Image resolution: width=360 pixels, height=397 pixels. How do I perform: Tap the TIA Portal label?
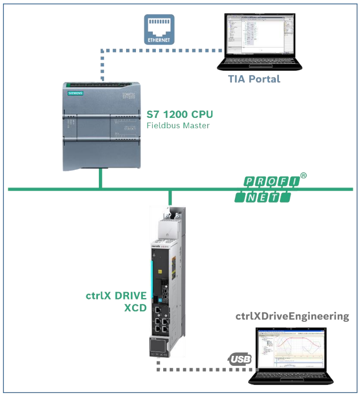pyautogui.click(x=254, y=79)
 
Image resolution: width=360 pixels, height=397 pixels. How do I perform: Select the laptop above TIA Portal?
pyautogui.click(x=260, y=42)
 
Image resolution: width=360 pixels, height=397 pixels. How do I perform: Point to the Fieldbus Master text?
pyautogui.click(x=178, y=126)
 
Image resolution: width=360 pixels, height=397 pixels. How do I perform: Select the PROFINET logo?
pyautogui.click(x=266, y=190)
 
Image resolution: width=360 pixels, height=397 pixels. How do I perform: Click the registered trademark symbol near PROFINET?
pyautogui.click(x=304, y=176)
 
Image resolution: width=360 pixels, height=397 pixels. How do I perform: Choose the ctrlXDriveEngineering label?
pyautogui.click(x=292, y=316)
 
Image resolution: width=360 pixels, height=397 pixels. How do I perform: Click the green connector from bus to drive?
pyautogui.click(x=170, y=197)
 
